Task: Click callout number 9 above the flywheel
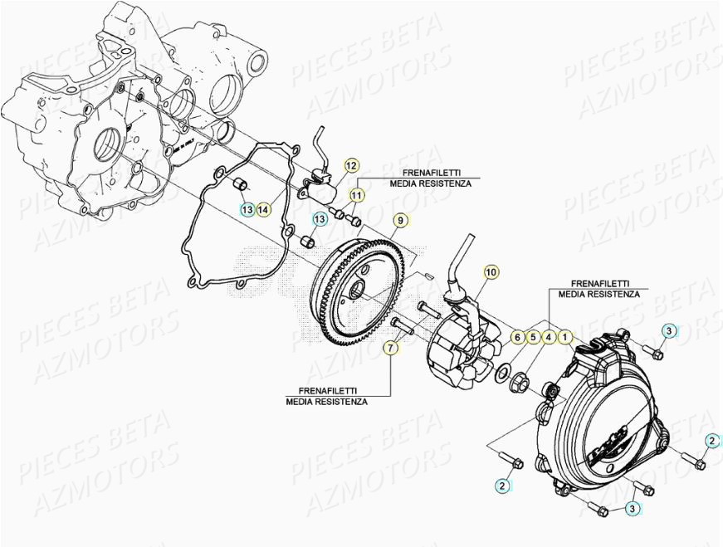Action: point(399,221)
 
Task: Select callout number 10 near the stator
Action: point(491,271)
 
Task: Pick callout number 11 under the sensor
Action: point(355,196)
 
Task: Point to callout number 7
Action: point(390,348)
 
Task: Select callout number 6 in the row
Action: point(516,337)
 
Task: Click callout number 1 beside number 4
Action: point(564,337)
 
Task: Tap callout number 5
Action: point(532,337)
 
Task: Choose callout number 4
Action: point(549,337)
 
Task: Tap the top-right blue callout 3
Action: point(668,331)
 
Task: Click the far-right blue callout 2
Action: point(712,440)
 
